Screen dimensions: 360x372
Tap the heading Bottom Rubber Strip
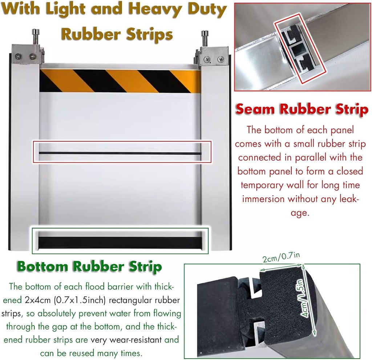89,266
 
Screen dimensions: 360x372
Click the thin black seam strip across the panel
120,153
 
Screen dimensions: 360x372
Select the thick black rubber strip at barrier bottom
120,242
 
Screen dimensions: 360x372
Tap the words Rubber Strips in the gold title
116,34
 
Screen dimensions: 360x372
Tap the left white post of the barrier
25,157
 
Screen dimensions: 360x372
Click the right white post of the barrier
215,157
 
